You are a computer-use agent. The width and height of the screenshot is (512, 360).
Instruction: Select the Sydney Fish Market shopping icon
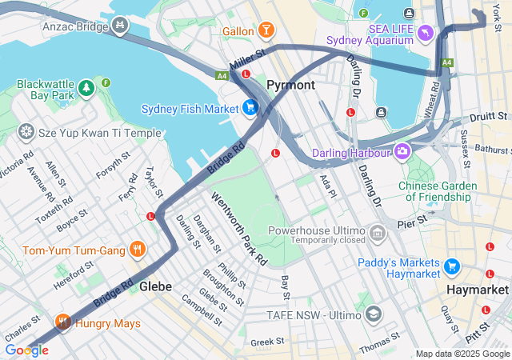(x=250, y=108)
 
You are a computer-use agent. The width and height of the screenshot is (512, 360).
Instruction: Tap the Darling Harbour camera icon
(x=402, y=150)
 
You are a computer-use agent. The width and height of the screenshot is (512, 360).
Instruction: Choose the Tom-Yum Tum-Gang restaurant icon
(x=138, y=250)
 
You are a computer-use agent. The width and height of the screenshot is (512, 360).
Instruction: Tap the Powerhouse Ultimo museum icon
(x=378, y=234)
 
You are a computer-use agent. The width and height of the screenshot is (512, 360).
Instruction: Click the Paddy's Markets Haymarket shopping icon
(x=452, y=266)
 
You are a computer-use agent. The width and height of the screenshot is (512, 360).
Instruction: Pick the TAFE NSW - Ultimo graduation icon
(x=373, y=314)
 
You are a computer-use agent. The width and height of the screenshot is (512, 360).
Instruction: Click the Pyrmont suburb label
(x=290, y=85)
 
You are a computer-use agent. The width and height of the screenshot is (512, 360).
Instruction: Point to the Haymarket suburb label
(x=477, y=290)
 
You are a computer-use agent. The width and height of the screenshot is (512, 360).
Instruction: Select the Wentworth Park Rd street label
(x=239, y=228)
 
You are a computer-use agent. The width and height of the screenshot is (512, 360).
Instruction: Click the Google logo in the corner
(x=26, y=350)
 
